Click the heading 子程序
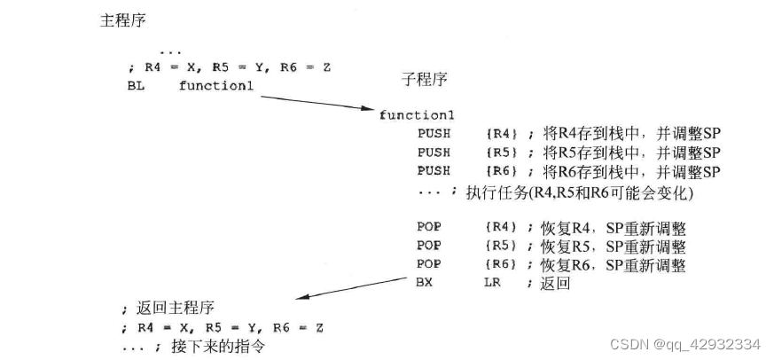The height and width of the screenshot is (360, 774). click(x=425, y=80)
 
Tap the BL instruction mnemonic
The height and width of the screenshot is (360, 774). click(x=135, y=86)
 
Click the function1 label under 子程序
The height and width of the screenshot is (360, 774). click(x=416, y=115)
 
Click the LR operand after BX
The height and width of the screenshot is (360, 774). click(x=493, y=284)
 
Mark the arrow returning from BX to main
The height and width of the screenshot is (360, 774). click(x=350, y=291)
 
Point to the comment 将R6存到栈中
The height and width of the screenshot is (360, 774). click(x=582, y=170)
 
